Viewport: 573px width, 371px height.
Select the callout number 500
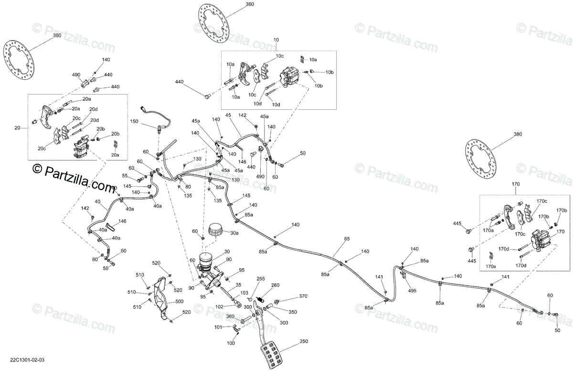pyautogui.click(x=179, y=301)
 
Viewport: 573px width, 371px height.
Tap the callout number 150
pyautogui.click(x=134, y=122)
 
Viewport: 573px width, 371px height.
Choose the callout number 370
pyautogui.click(x=303, y=297)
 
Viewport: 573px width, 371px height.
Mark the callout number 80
pyautogui.click(x=188, y=187)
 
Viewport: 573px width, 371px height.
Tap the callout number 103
pyautogui.click(x=244, y=293)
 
